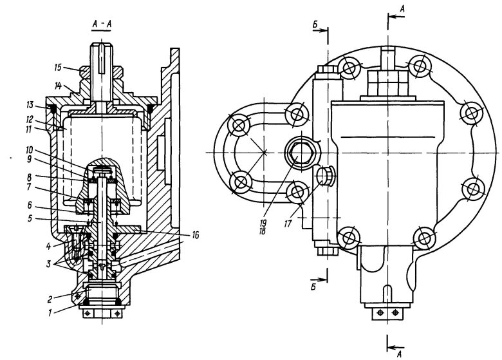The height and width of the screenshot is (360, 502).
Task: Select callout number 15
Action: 58,68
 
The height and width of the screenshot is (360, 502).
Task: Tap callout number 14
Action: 58,86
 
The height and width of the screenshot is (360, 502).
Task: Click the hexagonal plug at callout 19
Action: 301,152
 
